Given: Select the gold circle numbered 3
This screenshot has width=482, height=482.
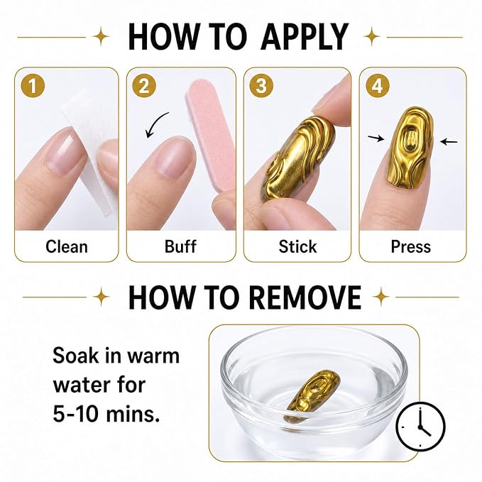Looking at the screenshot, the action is click(x=261, y=85).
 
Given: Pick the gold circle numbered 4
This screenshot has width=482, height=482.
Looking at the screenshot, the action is click(x=378, y=85).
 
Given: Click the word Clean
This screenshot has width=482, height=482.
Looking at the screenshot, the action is click(x=67, y=246).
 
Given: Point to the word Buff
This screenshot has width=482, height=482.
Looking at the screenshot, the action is click(x=180, y=246).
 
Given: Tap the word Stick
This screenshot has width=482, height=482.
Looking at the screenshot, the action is click(x=297, y=246).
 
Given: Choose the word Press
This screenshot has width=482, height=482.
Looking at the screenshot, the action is click(x=411, y=246).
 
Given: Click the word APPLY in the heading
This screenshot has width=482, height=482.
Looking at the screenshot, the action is click(x=305, y=37).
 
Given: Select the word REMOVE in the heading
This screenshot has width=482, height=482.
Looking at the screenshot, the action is click(x=305, y=297).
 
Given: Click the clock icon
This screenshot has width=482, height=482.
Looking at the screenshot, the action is click(x=420, y=427).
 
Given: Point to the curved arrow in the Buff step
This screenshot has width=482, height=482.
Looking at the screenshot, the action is click(x=157, y=124).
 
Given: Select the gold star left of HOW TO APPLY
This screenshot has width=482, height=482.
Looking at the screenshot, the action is click(x=101, y=37).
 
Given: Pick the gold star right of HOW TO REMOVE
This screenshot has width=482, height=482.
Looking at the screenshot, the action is click(x=381, y=297).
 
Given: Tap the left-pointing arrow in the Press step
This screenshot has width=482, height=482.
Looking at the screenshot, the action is click(x=449, y=142).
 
